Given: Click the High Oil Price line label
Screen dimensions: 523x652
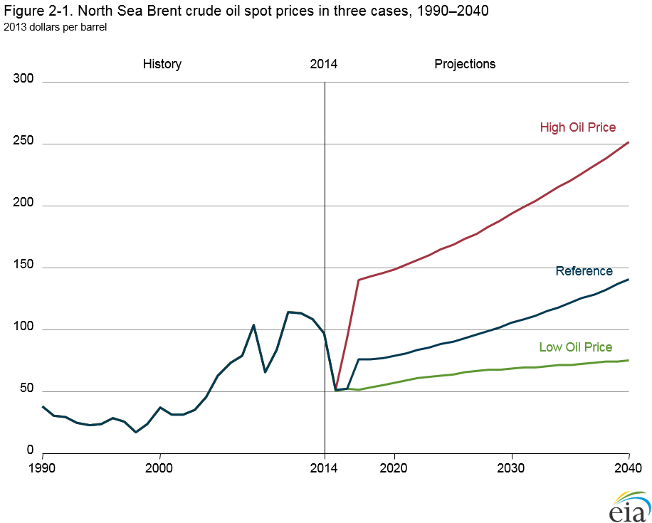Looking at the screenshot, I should (x=577, y=127).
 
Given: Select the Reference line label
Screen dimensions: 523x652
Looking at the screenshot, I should (x=584, y=271).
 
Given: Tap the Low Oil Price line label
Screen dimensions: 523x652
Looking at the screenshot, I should (x=575, y=347).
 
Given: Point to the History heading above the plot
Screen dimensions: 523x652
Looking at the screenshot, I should (x=162, y=64).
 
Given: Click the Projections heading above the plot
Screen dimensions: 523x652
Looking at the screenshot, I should (x=465, y=64).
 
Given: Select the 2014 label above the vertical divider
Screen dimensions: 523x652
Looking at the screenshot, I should (x=324, y=64).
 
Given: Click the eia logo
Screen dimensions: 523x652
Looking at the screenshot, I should (x=629, y=506).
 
